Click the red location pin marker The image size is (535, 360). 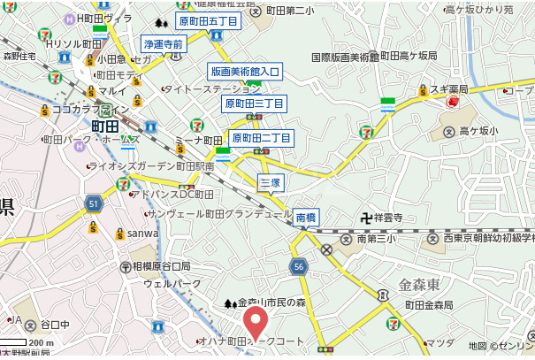256,324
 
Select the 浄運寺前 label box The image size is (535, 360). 163,43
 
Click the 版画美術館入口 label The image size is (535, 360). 245,71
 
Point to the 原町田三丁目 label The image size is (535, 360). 254,103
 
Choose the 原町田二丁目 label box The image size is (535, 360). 261,138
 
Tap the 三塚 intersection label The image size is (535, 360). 270,182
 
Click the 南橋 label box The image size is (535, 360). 305,217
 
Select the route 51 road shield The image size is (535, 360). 95,204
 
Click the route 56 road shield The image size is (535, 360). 299,265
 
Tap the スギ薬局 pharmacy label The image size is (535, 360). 447,89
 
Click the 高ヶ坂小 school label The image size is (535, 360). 478,131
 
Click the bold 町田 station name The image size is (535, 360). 110,126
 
